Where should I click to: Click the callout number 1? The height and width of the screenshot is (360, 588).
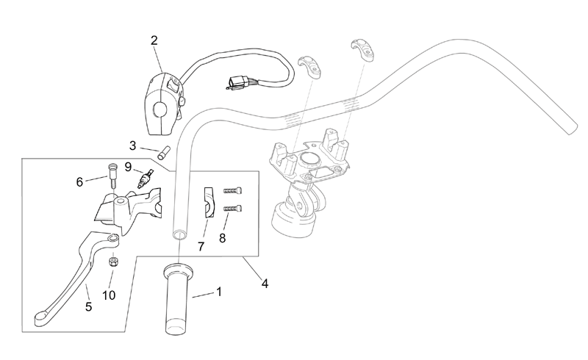pyautogui.click(x=218, y=292)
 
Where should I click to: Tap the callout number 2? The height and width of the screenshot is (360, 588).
pyautogui.click(x=154, y=40)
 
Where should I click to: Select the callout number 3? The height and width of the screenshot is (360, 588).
pyautogui.click(x=132, y=145)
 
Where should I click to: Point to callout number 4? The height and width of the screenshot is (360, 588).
pyautogui.click(x=265, y=284)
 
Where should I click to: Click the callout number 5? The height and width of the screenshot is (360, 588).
pyautogui.click(x=88, y=307)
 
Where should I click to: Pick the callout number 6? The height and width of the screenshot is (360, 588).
pyautogui.click(x=79, y=182)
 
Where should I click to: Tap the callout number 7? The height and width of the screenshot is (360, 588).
pyautogui.click(x=201, y=246)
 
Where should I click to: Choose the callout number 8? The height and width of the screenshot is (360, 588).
pyautogui.click(x=223, y=238)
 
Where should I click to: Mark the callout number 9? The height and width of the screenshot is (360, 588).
pyautogui.click(x=128, y=167)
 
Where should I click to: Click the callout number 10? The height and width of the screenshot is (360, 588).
pyautogui.click(x=109, y=295)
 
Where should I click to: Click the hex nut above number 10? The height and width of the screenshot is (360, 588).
pyautogui.click(x=112, y=262)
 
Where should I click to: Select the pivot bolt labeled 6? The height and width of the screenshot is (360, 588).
pyautogui.click(x=112, y=175)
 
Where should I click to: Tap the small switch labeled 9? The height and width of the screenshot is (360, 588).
pyautogui.click(x=146, y=177)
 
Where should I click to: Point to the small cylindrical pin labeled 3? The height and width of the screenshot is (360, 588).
pyautogui.click(x=164, y=153)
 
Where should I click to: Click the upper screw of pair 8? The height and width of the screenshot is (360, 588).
pyautogui.click(x=233, y=190)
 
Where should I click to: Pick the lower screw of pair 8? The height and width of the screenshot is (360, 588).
pyautogui.click(x=233, y=208)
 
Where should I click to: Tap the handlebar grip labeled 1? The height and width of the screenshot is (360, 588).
pyautogui.click(x=179, y=299)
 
